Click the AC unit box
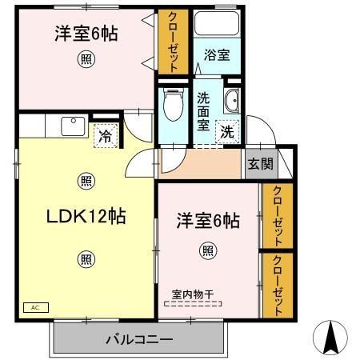click(x=36, y=307)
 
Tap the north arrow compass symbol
click(x=330, y=337)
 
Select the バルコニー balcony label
click(x=139, y=340)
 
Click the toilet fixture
click(x=174, y=104)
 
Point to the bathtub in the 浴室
click(x=216, y=23)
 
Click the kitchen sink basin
click(x=73, y=126)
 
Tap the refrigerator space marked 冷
click(x=106, y=135)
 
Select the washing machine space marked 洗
click(x=227, y=132)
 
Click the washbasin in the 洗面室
click(x=232, y=101)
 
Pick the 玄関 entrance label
click(x=261, y=163)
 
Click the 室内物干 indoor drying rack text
click(x=193, y=294)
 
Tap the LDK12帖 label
click(x=86, y=216)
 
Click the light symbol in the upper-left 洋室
click(x=86, y=59)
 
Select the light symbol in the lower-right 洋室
click(x=208, y=250)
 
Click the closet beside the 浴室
click(x=174, y=42)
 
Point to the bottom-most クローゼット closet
click(x=278, y=286)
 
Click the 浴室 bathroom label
click(x=217, y=55)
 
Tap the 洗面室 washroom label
click(x=203, y=111)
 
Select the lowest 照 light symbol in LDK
click(x=86, y=259)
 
